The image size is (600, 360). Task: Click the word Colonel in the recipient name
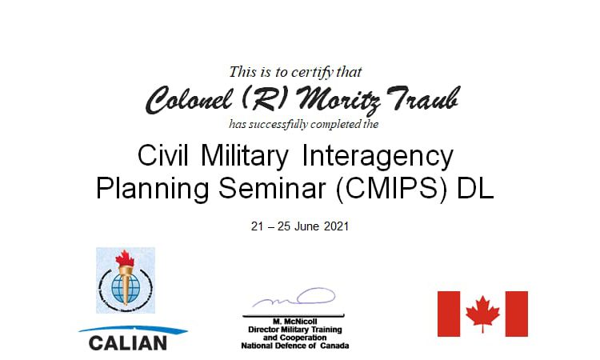pyautogui.click(x=188, y=100)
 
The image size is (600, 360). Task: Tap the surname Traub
pyautogui.click(x=422, y=99)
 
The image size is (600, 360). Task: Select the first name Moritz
pyautogui.click(x=338, y=101)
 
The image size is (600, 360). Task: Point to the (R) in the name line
pyautogui.click(x=264, y=98)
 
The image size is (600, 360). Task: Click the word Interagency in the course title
pyautogui.click(x=378, y=157)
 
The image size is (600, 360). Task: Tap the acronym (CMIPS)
pyautogui.click(x=391, y=188)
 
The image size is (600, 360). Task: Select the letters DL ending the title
pyautogui.click(x=475, y=188)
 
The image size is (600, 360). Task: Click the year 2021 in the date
pyautogui.click(x=336, y=226)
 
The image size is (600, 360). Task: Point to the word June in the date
pyautogui.click(x=307, y=226)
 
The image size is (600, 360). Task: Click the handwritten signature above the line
pyautogui.click(x=294, y=298)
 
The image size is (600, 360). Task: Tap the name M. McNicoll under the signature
pyautogui.click(x=295, y=322)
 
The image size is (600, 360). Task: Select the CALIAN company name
pyautogui.click(x=128, y=343)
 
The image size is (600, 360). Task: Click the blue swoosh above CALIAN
pyautogui.click(x=133, y=330)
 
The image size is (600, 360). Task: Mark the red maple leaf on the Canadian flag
pyautogui.click(x=482, y=314)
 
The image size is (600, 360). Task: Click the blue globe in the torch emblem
pyautogui.click(x=125, y=288)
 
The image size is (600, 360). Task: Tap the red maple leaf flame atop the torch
pyautogui.click(x=125, y=258)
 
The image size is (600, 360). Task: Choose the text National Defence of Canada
pyautogui.click(x=295, y=346)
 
